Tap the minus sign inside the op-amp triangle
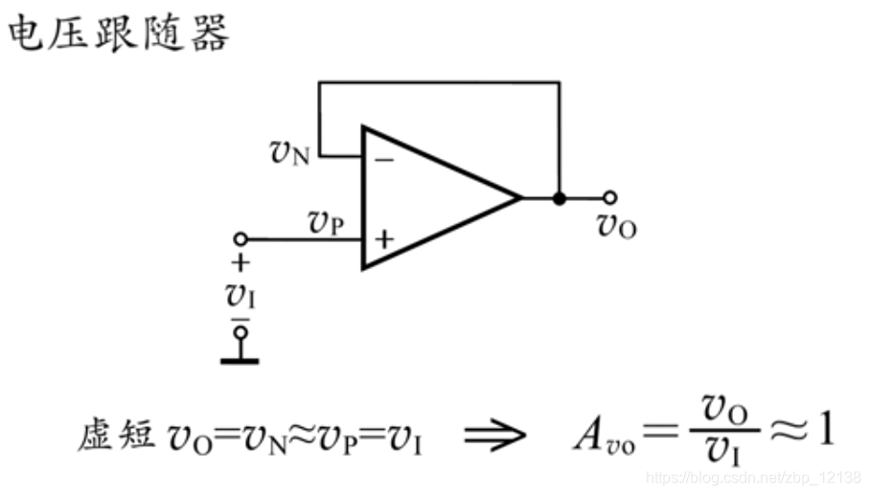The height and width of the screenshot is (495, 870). click(x=384, y=160)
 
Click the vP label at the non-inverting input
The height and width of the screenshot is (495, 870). click(x=326, y=221)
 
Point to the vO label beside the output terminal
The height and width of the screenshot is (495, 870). click(x=616, y=226)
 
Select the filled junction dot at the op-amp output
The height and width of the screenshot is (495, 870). click(x=560, y=198)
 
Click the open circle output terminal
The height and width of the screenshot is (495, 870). click(x=610, y=198)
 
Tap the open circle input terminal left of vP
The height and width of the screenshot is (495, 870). click(x=240, y=238)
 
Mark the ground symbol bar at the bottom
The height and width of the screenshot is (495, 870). click(x=240, y=360)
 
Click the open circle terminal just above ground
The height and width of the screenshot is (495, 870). click(x=240, y=332)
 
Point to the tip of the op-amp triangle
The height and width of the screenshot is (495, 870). click(x=520, y=198)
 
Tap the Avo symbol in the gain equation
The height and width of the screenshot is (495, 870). click(x=597, y=436)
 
